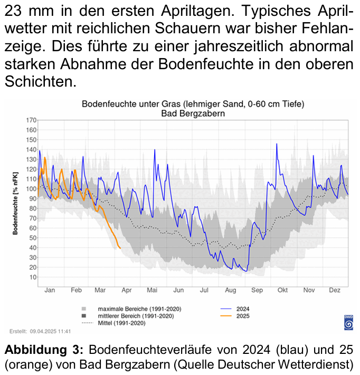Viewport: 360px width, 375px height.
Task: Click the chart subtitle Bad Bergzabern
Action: coord(193,112)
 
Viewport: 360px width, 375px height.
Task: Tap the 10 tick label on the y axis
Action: coord(32,277)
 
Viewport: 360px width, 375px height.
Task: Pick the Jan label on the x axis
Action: coord(50,290)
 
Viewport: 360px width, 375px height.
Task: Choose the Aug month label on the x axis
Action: coord(231,290)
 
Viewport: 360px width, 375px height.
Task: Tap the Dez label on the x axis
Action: coord(334,290)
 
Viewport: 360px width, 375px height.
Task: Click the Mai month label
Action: coord(153,290)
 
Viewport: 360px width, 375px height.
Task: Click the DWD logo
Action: coord(348,322)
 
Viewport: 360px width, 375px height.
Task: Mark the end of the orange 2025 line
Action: coord(120,248)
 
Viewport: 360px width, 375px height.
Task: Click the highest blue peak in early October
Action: coord(277,144)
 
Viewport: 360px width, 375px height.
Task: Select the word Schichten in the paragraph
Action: coord(38,82)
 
